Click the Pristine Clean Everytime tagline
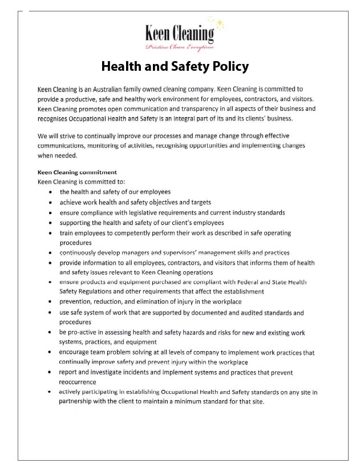[x=180, y=47]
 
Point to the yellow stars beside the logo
[x=217, y=23]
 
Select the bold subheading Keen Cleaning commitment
[x=77, y=172]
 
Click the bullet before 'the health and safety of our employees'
[x=52, y=192]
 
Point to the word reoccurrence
[x=78, y=382]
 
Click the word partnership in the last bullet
[x=78, y=401]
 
